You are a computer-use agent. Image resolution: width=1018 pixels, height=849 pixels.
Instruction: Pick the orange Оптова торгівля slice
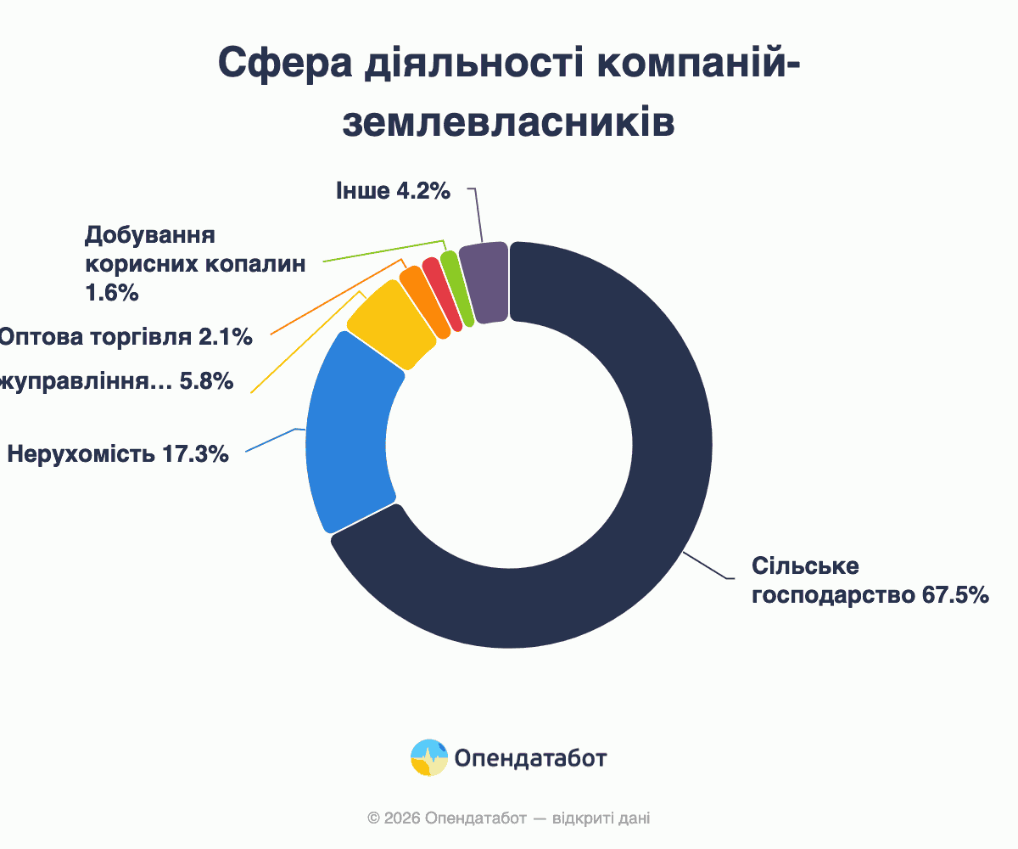pyautogui.click(x=423, y=302)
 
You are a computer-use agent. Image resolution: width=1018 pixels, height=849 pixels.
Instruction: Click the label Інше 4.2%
pyautogui.click(x=392, y=191)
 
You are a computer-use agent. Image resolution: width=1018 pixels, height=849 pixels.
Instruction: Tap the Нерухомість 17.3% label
pyautogui.click(x=118, y=454)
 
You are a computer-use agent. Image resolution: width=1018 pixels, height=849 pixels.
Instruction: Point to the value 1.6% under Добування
pyautogui.click(x=111, y=294)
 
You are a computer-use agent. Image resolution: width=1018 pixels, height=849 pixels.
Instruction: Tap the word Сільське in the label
pyautogui.click(x=794, y=566)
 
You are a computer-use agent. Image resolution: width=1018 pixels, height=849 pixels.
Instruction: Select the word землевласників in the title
pyautogui.click(x=508, y=122)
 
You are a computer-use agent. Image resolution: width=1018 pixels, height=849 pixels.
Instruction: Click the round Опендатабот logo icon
pyautogui.click(x=428, y=757)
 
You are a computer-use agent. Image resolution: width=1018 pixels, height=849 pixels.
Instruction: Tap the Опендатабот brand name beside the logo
pyautogui.click(x=530, y=757)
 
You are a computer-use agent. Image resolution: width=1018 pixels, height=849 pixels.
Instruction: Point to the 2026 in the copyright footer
pyautogui.click(x=403, y=818)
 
